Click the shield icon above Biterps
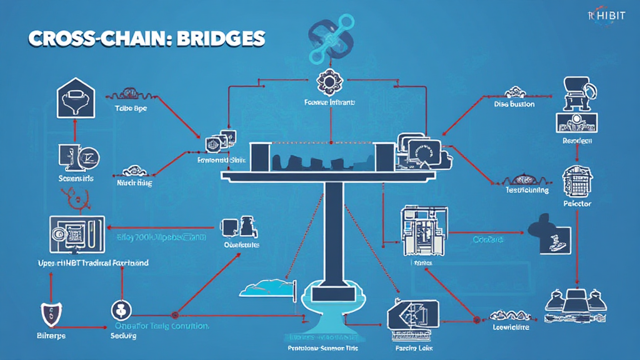click(x=49, y=312)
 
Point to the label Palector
click(x=577, y=204)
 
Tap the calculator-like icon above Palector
click(x=576, y=179)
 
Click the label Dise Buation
click(x=514, y=104)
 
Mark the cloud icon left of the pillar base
click(x=266, y=288)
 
